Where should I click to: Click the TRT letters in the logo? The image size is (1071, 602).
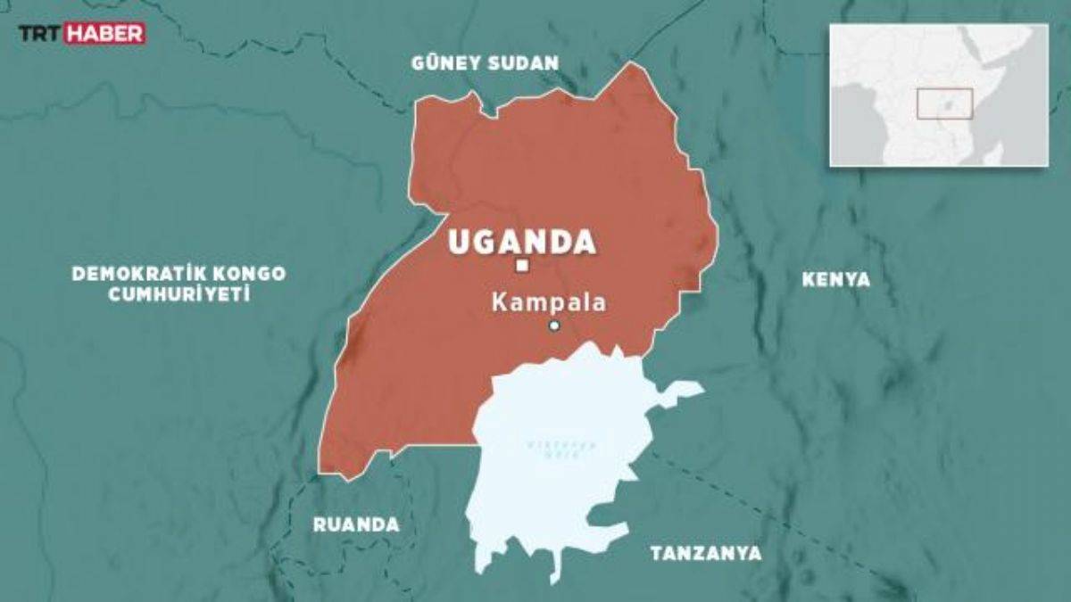[x=41, y=34]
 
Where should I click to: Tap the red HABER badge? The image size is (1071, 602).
[x=105, y=34]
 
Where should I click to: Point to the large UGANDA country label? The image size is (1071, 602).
[x=522, y=242]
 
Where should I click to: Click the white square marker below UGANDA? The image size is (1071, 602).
[x=523, y=266]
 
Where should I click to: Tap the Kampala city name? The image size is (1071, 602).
[x=548, y=302]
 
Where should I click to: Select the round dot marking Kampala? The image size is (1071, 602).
[x=554, y=326]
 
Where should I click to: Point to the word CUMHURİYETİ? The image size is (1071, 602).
[x=178, y=294]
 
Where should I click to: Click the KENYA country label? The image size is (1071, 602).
[x=835, y=280]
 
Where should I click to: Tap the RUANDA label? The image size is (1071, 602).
[x=355, y=525]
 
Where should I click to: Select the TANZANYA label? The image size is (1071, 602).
[x=706, y=554]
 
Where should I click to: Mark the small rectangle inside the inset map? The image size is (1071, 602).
[x=944, y=103]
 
